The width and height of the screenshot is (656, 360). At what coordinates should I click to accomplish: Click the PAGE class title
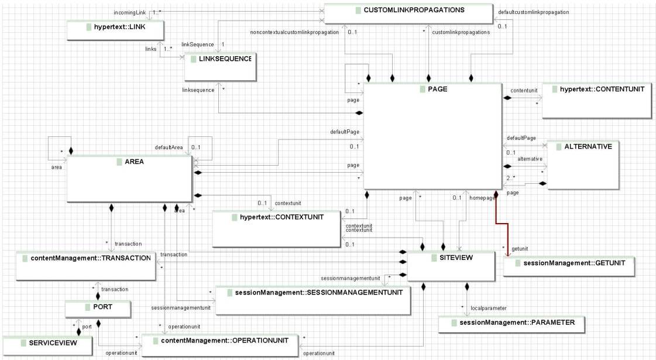pyautogui.click(x=433, y=89)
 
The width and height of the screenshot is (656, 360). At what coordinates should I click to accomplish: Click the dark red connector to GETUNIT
pyautogui.click(x=497, y=225)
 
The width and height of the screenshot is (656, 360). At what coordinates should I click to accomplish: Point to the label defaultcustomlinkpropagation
pyautogui.click(x=533, y=12)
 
